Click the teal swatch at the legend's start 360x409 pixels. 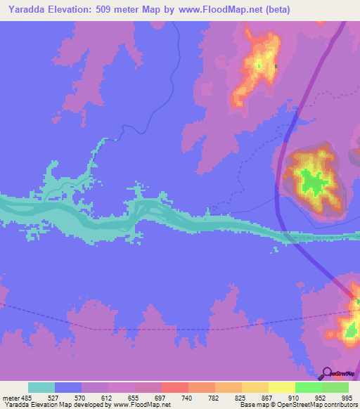pos(41,387)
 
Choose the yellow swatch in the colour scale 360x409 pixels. pos(281,387)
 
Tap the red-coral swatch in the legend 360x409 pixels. pos(174,387)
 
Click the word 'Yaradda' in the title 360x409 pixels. pos(26,10)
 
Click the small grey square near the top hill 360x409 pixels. pos(276,67)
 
